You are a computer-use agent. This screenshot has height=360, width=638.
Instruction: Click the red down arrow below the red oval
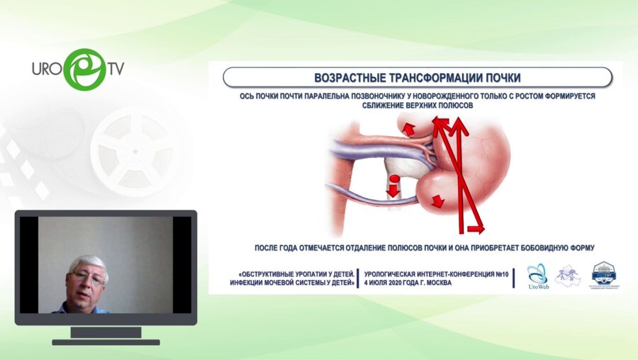coord(393,191)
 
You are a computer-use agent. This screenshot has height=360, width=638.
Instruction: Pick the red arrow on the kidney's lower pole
coord(437,201)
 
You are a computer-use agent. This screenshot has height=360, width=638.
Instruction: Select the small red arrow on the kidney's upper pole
coord(408,128)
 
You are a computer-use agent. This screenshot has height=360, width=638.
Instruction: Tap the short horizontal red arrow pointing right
coord(473,229)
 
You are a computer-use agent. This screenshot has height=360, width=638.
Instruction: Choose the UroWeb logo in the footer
coord(537,276)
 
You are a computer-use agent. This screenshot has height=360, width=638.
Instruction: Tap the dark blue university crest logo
coord(604,275)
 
